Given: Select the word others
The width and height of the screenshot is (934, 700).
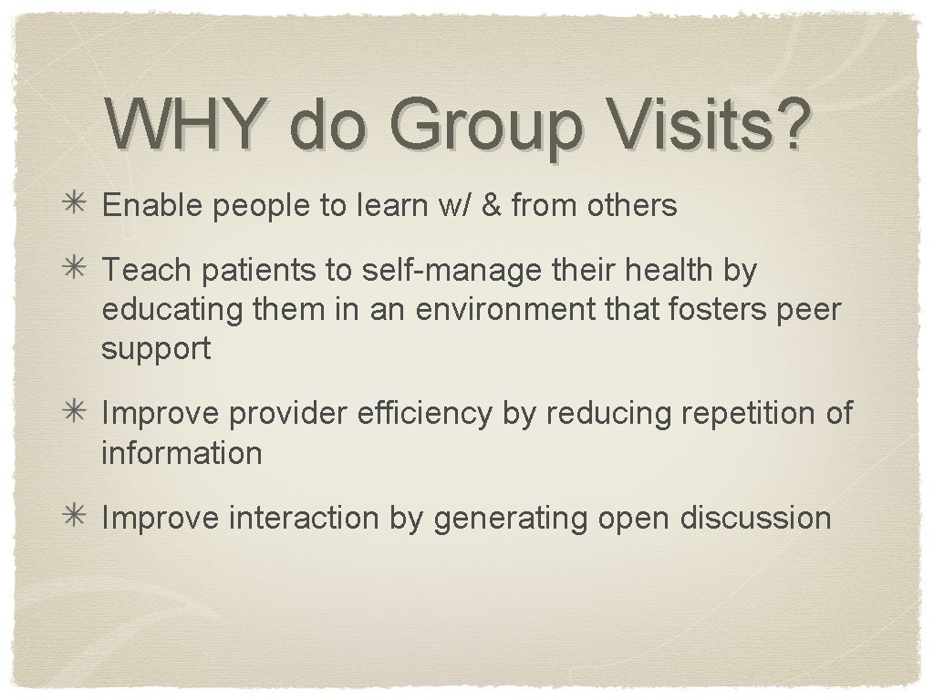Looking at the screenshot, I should click(631, 206).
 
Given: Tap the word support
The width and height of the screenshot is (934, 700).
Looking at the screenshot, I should click(156, 349).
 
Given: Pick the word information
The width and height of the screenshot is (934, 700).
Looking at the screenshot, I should click(182, 452).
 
